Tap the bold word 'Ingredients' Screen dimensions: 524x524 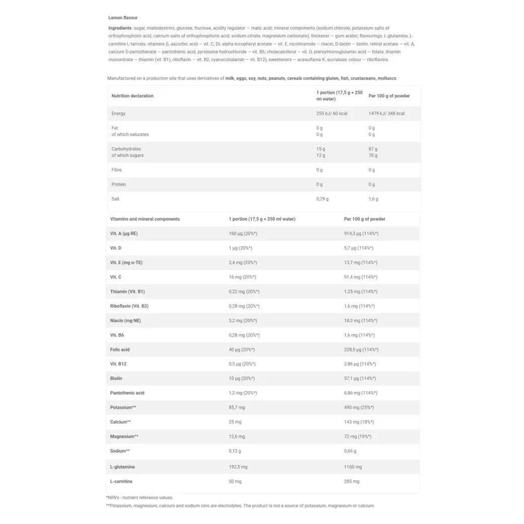[120, 28]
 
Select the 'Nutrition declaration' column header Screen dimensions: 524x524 [133, 96]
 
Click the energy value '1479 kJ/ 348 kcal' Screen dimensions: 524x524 [386, 113]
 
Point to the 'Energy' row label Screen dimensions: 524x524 [118, 113]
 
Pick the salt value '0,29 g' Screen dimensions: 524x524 [322, 199]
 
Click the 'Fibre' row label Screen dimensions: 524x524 [116, 170]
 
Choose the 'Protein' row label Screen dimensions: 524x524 [118, 184]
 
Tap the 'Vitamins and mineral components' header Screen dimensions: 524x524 [145, 219]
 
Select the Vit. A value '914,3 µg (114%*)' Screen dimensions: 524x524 [361, 234]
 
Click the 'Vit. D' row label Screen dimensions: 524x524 [116, 248]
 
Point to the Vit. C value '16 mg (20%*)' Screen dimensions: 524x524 [242, 277]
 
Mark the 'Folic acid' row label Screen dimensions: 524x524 [120, 350]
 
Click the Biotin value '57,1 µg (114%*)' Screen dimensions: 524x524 [360, 378]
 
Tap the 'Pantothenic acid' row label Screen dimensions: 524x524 [126, 393]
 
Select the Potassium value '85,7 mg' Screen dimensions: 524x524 [237, 407]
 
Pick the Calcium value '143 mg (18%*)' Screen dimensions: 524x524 [359, 422]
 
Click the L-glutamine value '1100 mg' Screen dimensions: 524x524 [353, 467]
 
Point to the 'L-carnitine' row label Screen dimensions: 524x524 [121, 482]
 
